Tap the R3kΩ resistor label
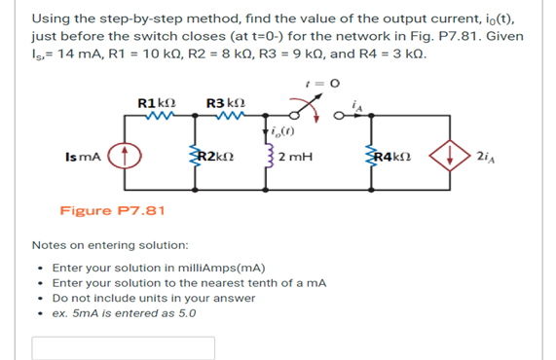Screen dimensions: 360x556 (x=224, y=102)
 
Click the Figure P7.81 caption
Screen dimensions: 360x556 (x=112, y=210)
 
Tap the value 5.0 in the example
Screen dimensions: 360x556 (x=185, y=314)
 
